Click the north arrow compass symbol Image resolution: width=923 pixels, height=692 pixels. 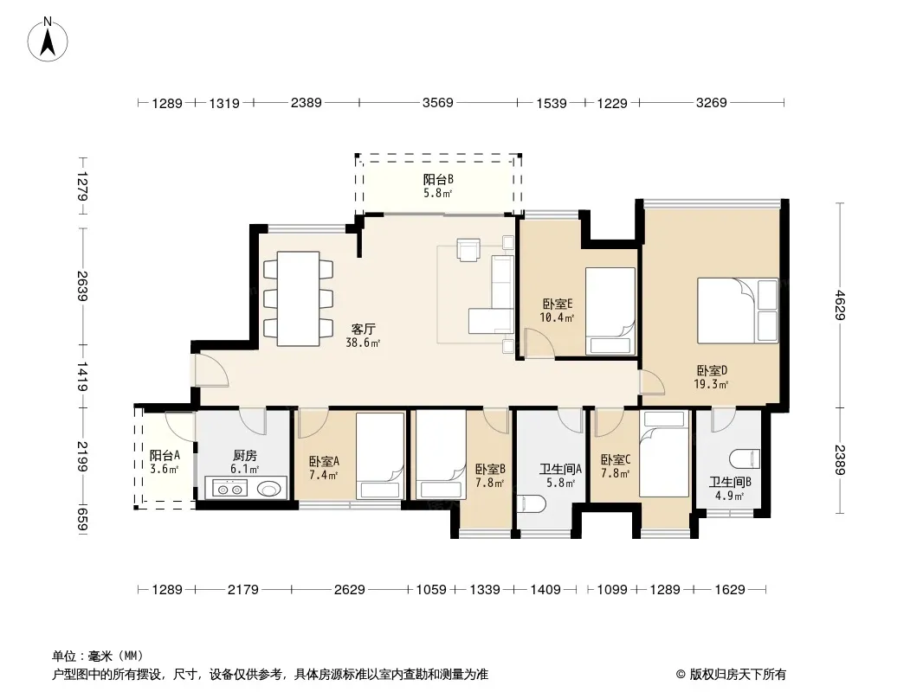click(48, 39)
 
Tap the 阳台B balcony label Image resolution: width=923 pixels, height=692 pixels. click(438, 179)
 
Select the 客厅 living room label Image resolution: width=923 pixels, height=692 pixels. click(363, 330)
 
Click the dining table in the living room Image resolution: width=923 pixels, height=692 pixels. click(299, 298)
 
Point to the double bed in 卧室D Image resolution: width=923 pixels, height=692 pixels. click(738, 311)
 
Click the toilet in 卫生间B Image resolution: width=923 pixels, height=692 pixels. click(745, 459)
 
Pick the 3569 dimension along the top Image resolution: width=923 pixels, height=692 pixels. click(438, 103)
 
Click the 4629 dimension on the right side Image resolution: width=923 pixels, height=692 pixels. click(839, 305)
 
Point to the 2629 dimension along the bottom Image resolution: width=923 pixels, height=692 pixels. click(350, 589)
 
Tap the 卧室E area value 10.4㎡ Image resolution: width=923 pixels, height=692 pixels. click(557, 317)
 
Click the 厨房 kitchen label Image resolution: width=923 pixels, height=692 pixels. click(245, 456)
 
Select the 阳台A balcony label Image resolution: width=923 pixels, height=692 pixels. click(165, 456)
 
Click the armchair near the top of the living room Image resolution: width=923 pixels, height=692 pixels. click(469, 249)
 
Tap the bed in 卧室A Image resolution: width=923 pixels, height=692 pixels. click(380, 456)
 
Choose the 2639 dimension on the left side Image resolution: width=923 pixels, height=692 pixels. click(81, 286)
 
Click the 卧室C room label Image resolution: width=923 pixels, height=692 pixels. click(616, 460)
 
